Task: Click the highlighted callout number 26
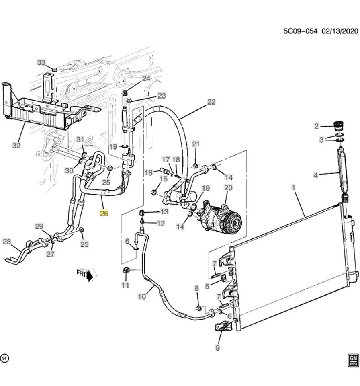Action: [x=104, y=214]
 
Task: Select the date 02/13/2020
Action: [x=340, y=31]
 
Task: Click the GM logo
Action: [x=353, y=360]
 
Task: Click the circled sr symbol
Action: [x=5, y=357]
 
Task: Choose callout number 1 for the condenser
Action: [x=294, y=187]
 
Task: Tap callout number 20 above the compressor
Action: [x=228, y=188]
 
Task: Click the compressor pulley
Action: [x=233, y=222]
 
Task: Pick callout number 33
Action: [x=41, y=62]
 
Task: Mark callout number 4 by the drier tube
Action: [x=316, y=175]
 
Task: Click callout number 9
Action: [x=218, y=348]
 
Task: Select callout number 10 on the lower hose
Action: [x=141, y=297]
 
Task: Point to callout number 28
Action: [x=7, y=242]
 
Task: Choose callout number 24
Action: [x=145, y=78]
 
